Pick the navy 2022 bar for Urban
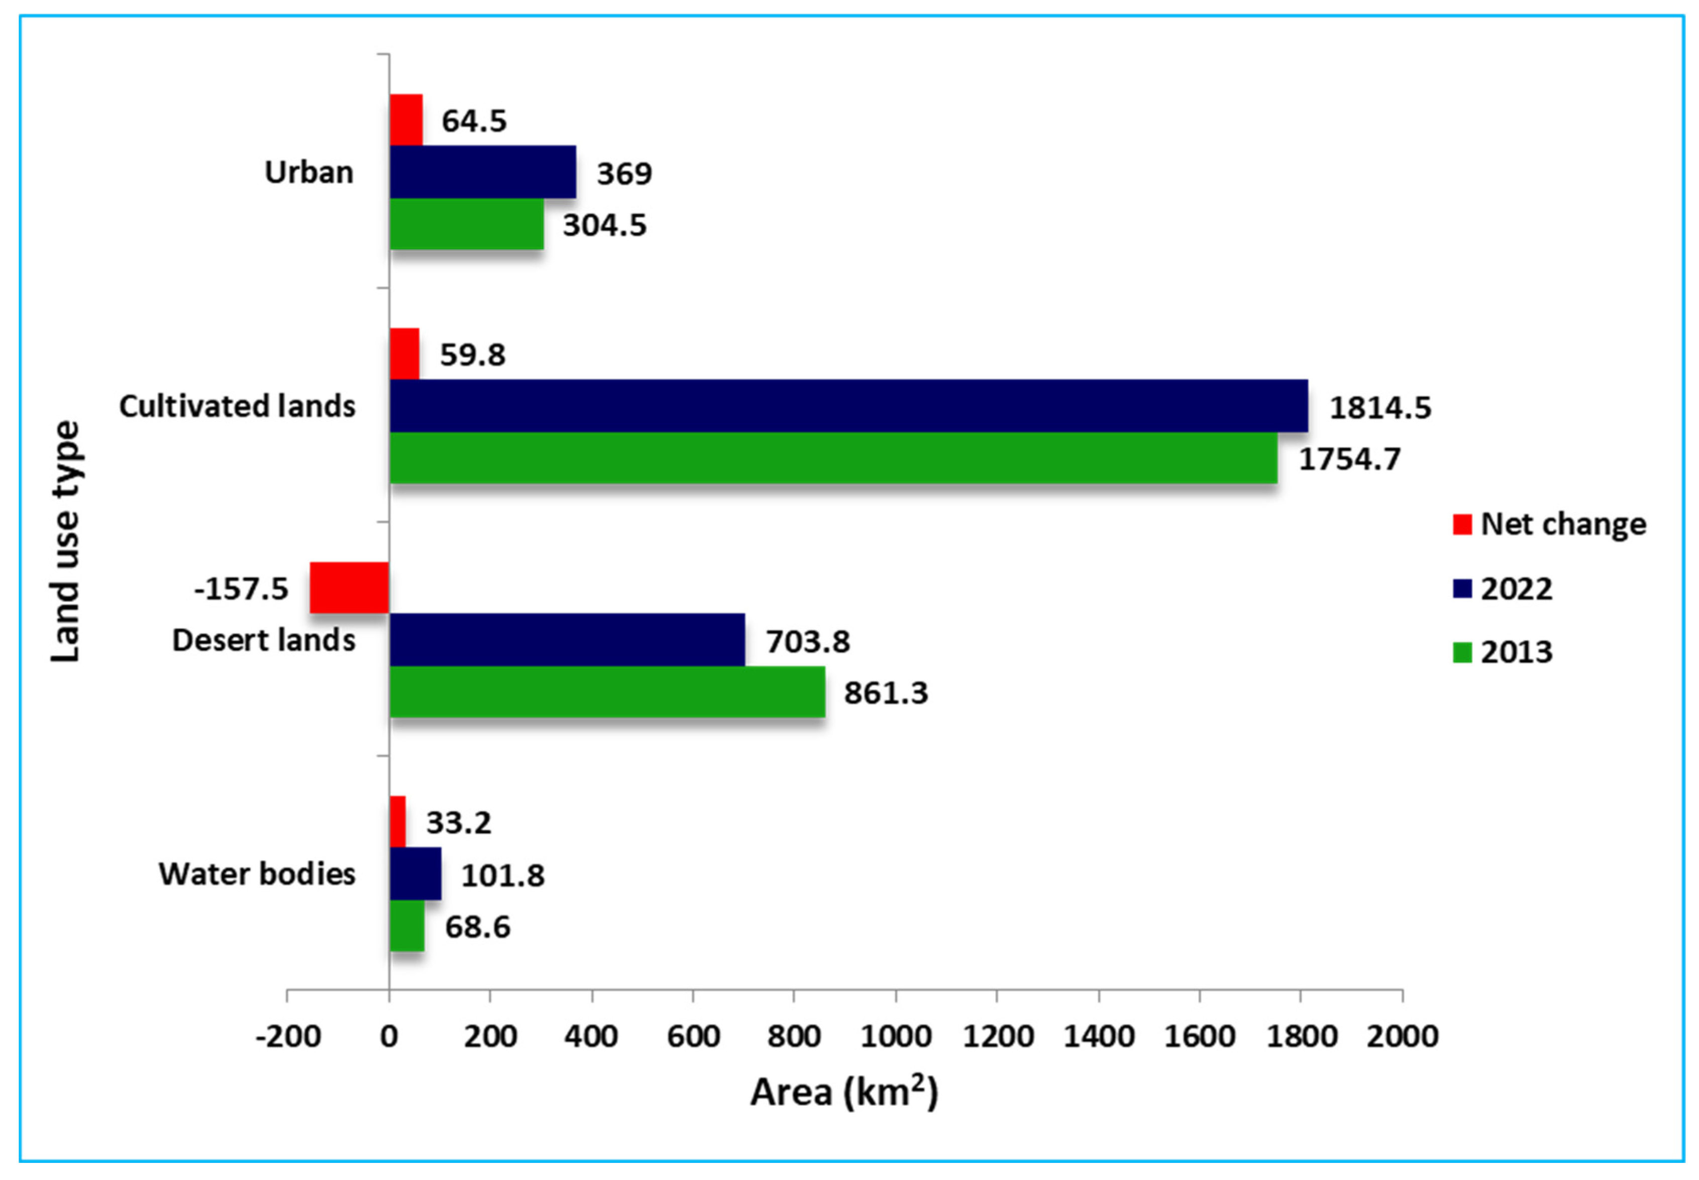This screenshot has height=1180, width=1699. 482,172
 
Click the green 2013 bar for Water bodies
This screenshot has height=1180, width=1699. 407,925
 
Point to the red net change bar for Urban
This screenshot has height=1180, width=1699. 406,120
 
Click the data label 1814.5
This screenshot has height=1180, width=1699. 1379,407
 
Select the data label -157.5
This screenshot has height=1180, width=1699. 241,589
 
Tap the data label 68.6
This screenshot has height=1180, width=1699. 477,926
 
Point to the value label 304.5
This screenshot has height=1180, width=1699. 604,225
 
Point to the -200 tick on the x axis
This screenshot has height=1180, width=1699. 288,1036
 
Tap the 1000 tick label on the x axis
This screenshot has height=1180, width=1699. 895,1036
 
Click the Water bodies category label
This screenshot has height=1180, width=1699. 257,874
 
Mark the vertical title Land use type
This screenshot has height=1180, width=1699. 65,541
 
